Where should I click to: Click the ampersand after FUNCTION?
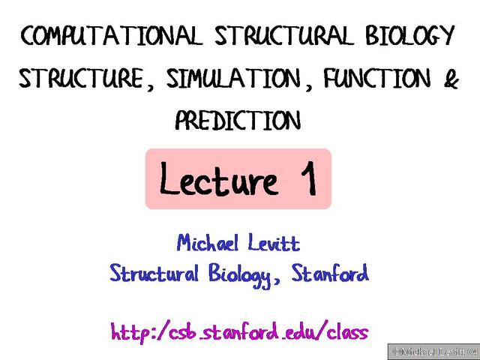[x=450, y=79]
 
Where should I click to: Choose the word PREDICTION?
[x=238, y=120]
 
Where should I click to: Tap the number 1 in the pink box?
[x=305, y=180]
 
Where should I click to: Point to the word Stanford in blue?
[x=331, y=274]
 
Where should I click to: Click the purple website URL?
[x=239, y=331]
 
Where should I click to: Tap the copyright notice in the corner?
[x=433, y=351]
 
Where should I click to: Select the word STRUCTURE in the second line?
[x=81, y=79]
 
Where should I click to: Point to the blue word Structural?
[x=152, y=274]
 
